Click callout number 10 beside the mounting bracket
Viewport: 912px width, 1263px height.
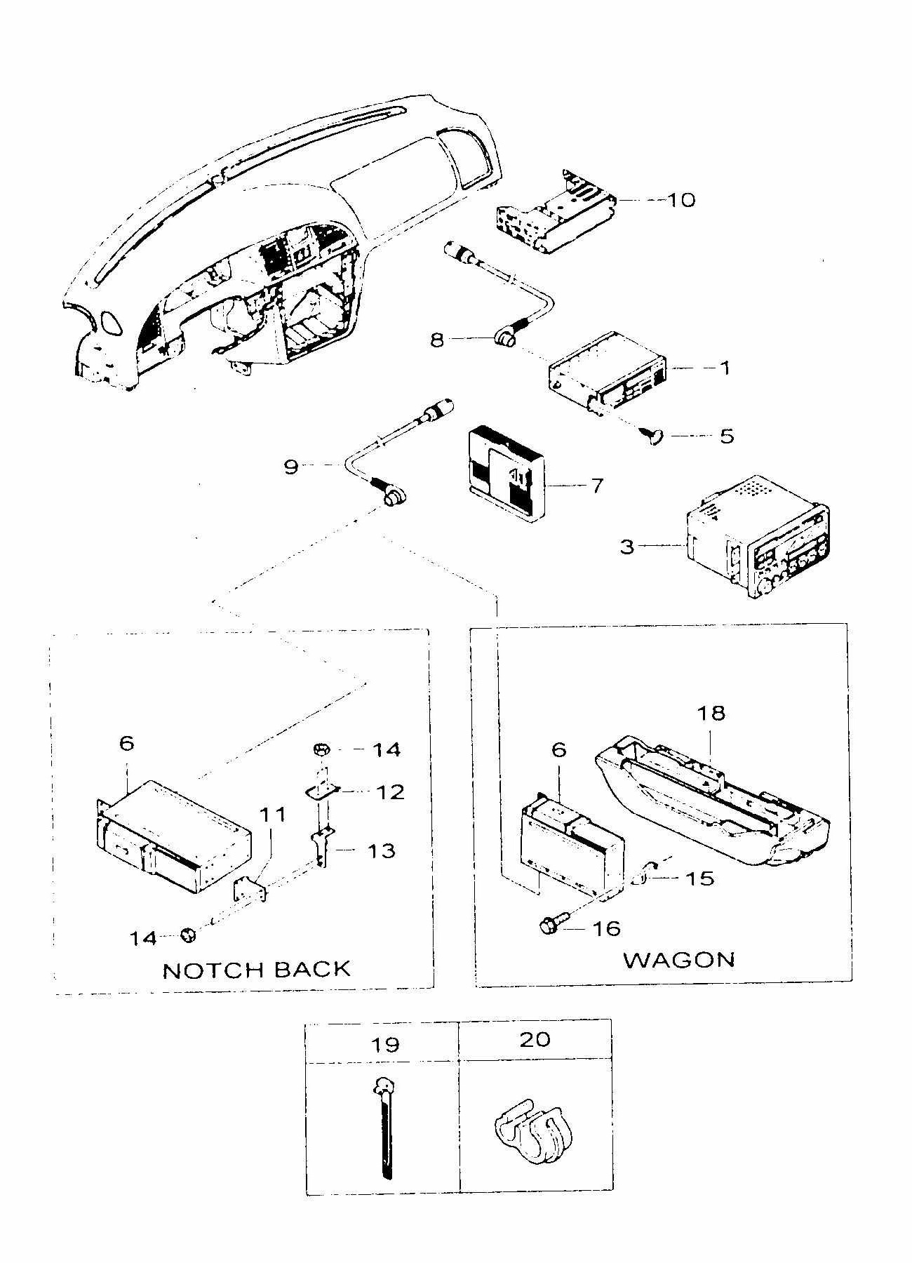point(680,200)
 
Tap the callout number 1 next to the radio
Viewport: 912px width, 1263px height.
point(725,367)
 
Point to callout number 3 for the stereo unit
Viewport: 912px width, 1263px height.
point(626,546)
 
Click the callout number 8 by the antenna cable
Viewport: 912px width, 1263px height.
point(437,340)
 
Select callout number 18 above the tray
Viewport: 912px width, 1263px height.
point(710,713)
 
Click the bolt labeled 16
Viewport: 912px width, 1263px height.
point(549,926)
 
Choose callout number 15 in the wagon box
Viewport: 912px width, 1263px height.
point(699,878)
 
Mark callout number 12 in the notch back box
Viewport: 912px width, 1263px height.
point(390,792)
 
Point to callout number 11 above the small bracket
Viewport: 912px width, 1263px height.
point(273,815)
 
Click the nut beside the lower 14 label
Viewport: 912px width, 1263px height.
point(189,934)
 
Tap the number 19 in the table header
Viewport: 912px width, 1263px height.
point(385,1045)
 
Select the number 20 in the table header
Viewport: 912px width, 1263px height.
point(535,1038)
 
